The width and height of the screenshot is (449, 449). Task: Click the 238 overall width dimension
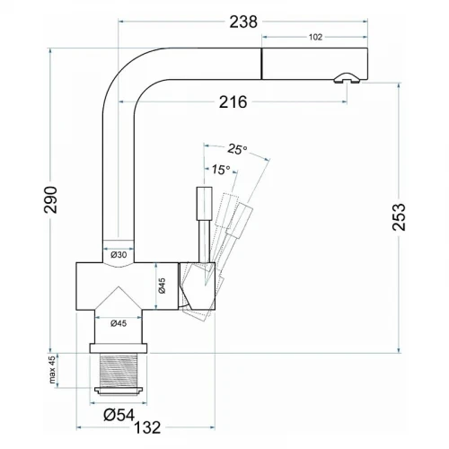243,22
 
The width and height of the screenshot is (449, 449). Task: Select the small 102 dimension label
315,37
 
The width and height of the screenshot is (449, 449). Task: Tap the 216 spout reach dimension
233,102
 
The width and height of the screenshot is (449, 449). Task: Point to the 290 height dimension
50,199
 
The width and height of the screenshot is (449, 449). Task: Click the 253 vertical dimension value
399,217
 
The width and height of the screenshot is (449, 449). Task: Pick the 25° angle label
237,149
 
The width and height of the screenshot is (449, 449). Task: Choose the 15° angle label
221,170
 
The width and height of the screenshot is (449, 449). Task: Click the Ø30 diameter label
119,255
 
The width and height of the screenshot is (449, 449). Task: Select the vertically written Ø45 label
162,286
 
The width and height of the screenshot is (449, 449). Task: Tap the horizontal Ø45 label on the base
119,323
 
